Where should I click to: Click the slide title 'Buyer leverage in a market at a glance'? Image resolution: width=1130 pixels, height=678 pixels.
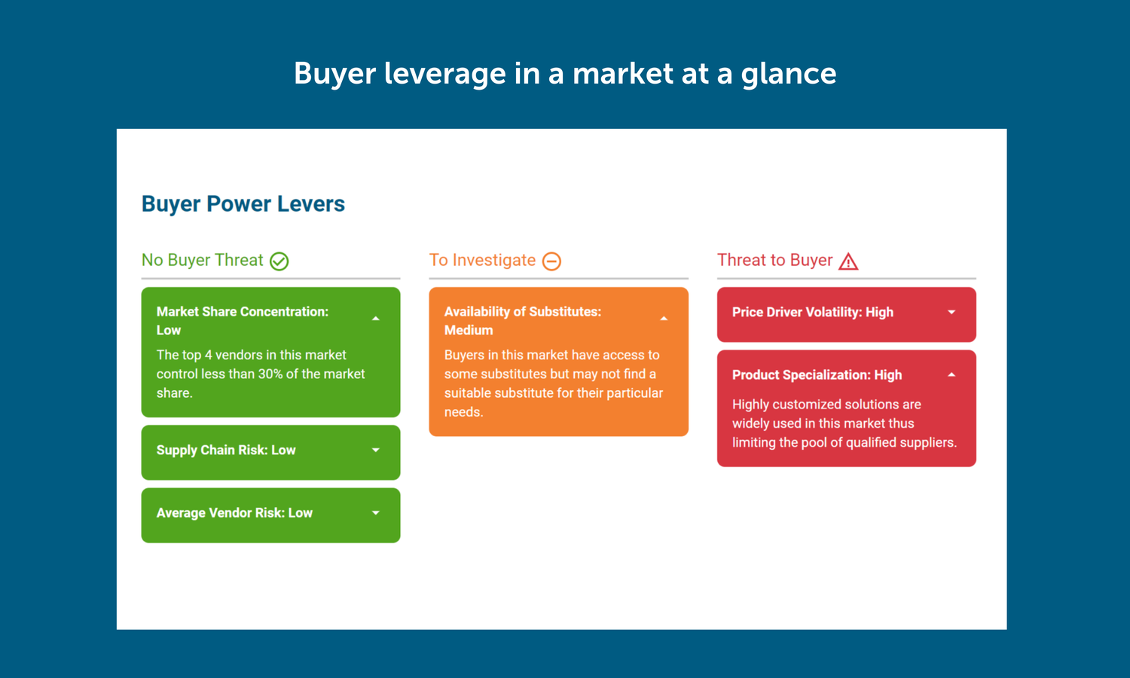565,74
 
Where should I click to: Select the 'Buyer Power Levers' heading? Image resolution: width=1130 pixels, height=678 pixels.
243,204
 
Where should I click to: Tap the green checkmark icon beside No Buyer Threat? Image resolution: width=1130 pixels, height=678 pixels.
279,261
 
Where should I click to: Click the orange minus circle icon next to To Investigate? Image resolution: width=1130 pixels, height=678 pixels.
552,261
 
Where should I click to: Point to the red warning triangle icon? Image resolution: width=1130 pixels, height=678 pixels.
848,261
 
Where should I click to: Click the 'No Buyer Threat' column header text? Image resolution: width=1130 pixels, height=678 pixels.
202,261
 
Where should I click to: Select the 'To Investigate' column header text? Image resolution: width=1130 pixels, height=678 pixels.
482,261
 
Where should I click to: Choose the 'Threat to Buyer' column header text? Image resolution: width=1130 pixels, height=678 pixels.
774,261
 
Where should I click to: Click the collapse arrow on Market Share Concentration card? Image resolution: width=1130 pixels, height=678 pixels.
376,319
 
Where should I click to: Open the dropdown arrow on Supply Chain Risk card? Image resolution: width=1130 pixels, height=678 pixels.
376,450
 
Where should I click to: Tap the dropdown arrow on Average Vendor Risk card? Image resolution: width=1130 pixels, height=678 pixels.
376,513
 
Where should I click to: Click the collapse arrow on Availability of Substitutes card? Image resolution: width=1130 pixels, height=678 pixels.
664,319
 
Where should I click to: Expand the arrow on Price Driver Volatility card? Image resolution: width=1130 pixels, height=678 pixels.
951,313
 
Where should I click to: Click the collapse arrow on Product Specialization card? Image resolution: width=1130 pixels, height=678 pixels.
951,375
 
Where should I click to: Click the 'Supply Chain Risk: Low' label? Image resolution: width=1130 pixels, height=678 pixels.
226,450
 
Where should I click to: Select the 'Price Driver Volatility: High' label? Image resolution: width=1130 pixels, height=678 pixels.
812,313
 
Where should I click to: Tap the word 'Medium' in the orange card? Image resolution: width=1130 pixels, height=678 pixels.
469,331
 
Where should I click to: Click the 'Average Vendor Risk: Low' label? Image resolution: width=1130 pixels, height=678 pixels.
234,513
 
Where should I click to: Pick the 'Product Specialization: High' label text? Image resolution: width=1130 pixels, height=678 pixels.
817,375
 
